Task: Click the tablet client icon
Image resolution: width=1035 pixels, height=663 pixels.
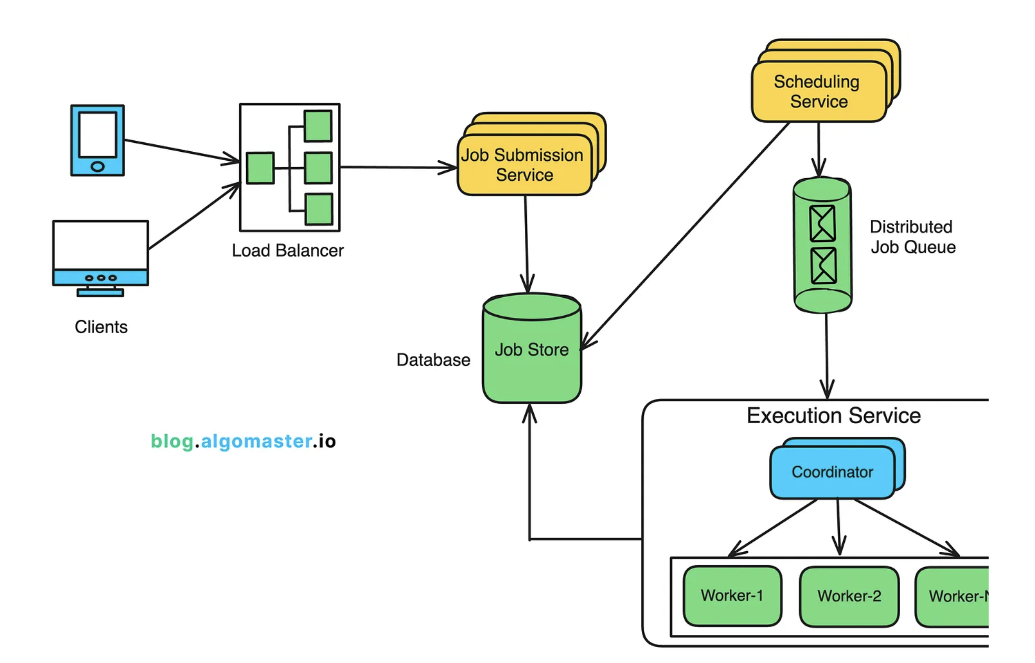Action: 97,140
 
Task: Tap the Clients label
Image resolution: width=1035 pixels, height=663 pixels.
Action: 101,327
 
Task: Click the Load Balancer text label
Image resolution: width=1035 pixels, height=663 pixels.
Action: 288,250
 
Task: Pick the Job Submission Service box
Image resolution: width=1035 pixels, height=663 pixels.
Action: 524,165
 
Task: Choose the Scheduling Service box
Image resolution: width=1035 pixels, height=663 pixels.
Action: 818,92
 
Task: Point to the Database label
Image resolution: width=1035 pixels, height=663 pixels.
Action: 433,360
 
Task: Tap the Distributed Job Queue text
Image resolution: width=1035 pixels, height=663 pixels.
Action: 912,237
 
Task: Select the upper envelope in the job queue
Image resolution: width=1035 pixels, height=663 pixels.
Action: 823,223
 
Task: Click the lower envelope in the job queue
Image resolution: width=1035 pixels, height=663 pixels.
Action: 823,266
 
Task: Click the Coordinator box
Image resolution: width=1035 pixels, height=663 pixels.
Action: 832,472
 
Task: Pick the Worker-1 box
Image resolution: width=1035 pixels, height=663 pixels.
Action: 732,596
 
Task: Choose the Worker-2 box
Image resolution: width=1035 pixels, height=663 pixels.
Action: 849,596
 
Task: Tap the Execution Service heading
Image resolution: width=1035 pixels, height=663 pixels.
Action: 833,416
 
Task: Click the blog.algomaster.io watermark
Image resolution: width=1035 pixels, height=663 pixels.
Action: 243,441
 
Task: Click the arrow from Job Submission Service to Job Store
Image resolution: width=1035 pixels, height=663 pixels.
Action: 526,242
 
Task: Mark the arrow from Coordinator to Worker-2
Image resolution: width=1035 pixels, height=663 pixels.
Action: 838,527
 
